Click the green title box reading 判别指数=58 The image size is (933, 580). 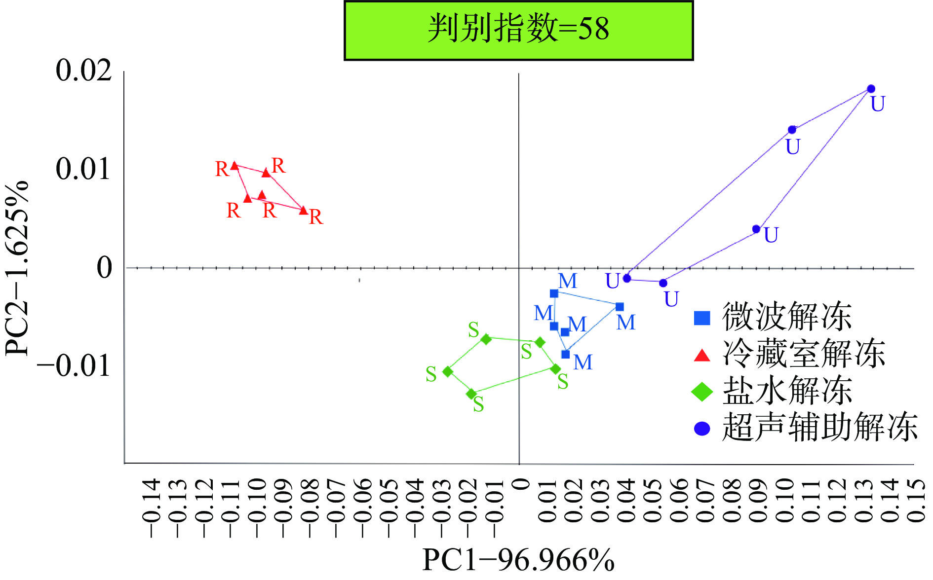coord(518,30)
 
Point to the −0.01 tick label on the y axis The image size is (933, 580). coord(74,366)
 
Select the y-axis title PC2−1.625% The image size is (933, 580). coord(17,269)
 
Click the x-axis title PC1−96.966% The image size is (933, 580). coord(518,560)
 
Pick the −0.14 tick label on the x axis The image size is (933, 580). coord(151,507)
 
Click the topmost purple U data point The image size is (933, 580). coord(871,89)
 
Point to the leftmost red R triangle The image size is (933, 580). coord(235,166)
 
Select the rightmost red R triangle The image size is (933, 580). coord(303,210)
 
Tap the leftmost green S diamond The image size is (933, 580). coord(448,371)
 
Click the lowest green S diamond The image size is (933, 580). coord(471,394)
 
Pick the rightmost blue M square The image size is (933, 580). coord(620,307)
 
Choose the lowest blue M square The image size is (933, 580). coord(566,354)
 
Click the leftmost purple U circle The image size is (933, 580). coord(627,278)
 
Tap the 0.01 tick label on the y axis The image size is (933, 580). coord(83,169)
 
